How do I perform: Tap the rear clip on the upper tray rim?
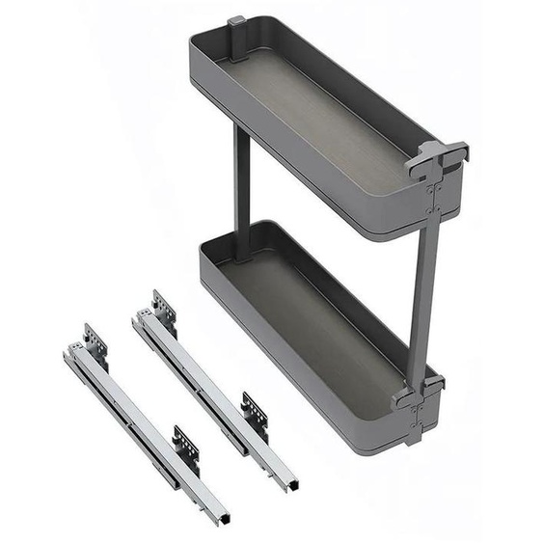click(237, 26)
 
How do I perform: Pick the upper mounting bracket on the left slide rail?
click(95, 339)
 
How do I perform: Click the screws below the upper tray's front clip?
click(437, 198)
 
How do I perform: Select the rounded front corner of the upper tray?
click(410, 227)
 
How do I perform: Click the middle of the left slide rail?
click(145, 429)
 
